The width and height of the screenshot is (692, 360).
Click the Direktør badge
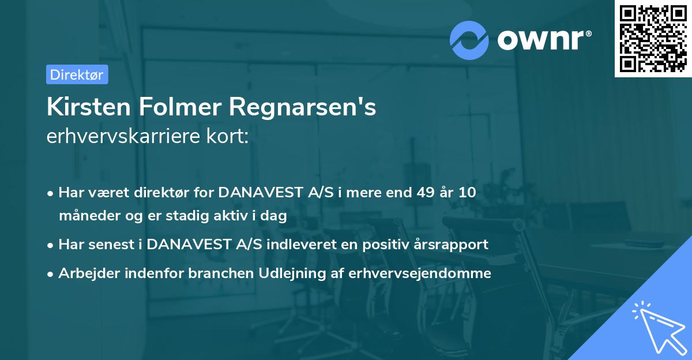[x=77, y=74]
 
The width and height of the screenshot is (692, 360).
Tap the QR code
[x=653, y=38]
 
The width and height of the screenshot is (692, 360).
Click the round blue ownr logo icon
[x=469, y=40]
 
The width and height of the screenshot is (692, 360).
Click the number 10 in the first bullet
[x=468, y=193]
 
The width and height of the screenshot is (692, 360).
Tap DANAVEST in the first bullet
[x=262, y=193]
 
